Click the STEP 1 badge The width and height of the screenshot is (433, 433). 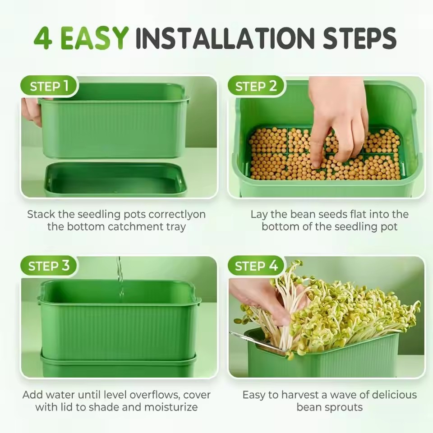coord(49,86)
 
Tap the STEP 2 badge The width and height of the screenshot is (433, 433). coord(256,86)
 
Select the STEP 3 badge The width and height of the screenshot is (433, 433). coord(49,266)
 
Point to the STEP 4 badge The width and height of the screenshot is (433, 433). coord(256,266)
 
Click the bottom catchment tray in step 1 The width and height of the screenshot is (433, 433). coord(115,180)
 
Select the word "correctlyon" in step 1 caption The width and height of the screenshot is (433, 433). coord(177,214)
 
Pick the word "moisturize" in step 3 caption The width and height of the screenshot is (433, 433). coord(171,407)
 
